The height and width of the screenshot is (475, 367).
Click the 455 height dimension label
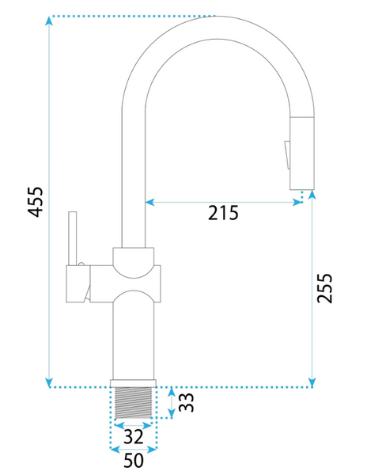36,202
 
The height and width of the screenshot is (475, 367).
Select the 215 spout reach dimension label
223,213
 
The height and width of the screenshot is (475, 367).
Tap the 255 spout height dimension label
324,288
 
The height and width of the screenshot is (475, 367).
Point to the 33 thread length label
186,402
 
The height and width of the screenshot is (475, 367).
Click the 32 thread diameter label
134,437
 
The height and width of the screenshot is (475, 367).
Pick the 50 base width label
134,461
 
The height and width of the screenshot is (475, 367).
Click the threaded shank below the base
134,403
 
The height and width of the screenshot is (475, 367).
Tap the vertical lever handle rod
73,238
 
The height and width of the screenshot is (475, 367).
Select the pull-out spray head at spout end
301,153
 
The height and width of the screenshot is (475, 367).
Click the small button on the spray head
287,155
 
